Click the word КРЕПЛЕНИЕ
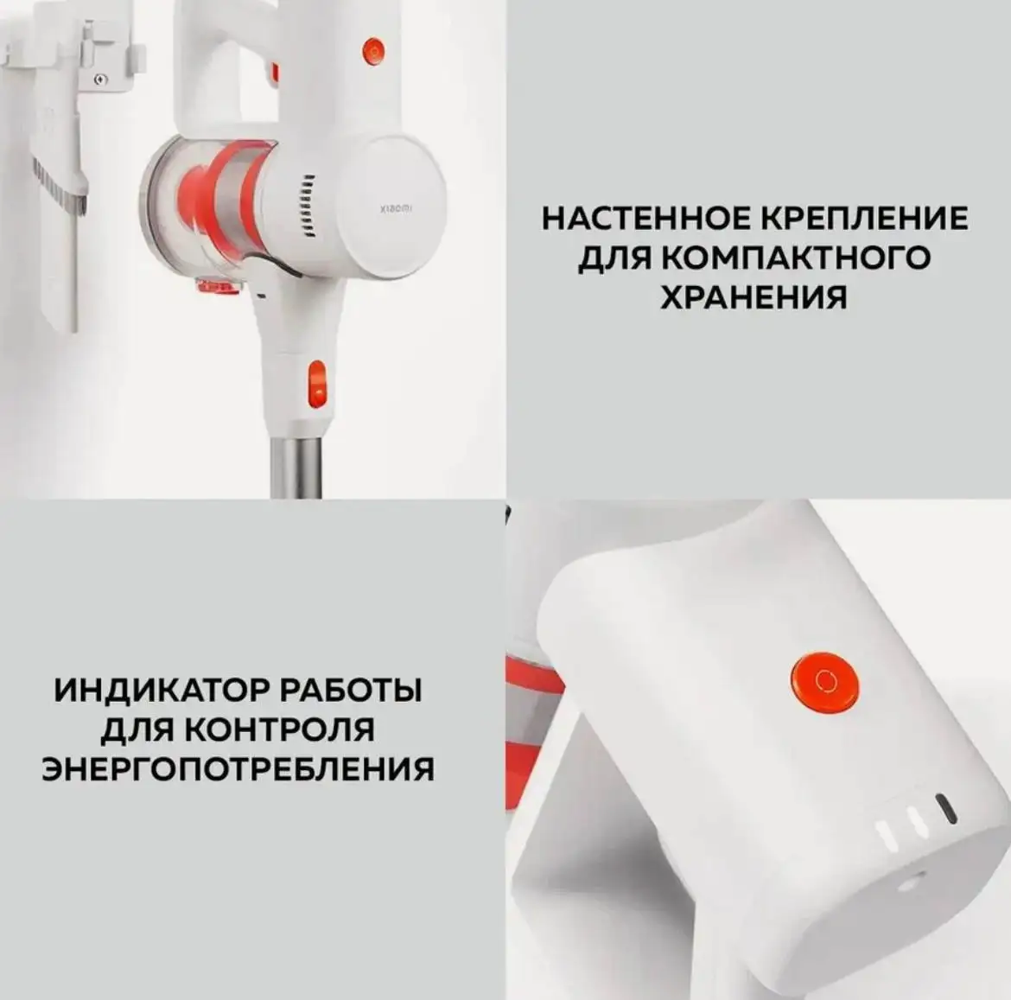click(x=864, y=218)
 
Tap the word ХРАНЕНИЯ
click(x=753, y=296)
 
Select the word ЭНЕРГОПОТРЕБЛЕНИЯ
click(x=238, y=768)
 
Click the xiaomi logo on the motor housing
click(x=397, y=208)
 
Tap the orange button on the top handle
click(x=372, y=50)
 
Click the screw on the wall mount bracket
click(x=102, y=80)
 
